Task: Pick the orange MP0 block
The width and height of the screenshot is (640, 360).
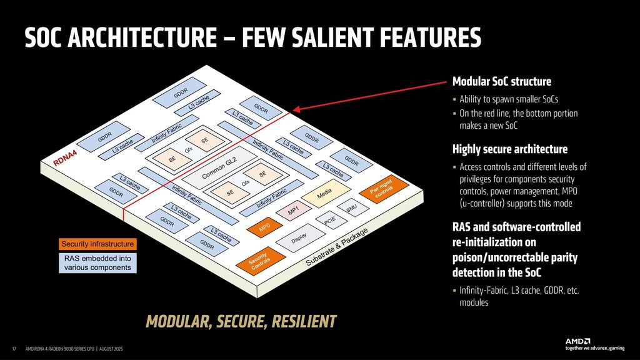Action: [x=264, y=226]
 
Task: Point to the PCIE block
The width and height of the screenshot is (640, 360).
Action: [x=330, y=221]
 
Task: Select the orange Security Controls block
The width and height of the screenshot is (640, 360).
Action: [x=259, y=262]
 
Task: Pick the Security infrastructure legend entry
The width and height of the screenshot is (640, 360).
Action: [x=97, y=244]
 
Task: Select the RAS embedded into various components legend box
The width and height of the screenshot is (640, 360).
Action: [x=97, y=263]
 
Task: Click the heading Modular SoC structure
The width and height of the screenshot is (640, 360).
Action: [x=501, y=82]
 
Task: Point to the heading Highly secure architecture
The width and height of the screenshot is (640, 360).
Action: [x=509, y=149]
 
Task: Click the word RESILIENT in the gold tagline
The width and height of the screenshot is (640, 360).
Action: [x=299, y=322]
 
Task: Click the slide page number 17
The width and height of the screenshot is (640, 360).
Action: [x=14, y=348]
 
